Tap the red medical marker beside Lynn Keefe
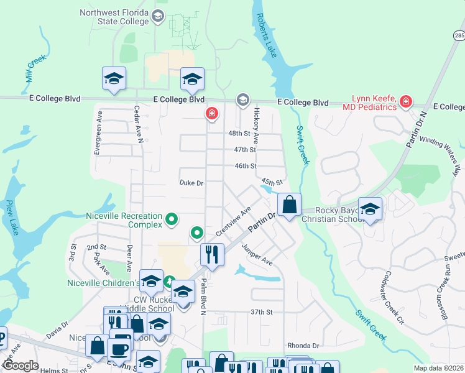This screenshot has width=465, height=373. [x=406, y=101]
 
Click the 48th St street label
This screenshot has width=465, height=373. [x=238, y=134]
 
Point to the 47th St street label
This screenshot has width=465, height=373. [x=245, y=150]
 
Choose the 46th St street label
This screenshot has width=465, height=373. [x=245, y=166]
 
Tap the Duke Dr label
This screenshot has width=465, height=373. [x=191, y=183]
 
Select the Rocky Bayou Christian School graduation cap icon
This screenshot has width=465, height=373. [x=370, y=209]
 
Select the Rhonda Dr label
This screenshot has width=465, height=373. [x=303, y=346]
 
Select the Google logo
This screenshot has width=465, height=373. [x=21, y=365]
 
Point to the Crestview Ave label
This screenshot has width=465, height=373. [x=233, y=221]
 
